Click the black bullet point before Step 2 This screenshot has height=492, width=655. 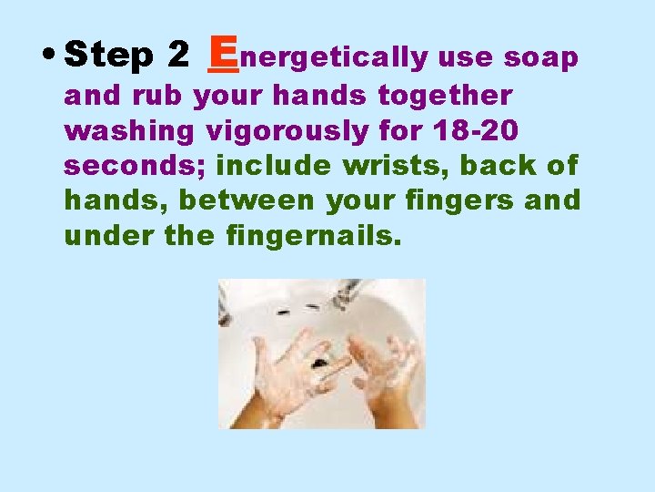click(49, 54)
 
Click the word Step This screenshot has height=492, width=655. click(108, 55)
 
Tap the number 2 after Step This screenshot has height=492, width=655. click(178, 54)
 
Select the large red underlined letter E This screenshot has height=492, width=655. click(223, 54)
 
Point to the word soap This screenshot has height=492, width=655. click(540, 58)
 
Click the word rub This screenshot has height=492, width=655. click(157, 95)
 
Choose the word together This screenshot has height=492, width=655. click(445, 97)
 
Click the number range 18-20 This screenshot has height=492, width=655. click(476, 130)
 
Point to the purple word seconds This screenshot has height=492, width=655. click(135, 165)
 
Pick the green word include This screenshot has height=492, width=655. click(274, 164)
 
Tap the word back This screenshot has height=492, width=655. click(498, 164)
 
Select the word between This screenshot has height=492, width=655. click(247, 200)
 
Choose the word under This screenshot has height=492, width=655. click(109, 236)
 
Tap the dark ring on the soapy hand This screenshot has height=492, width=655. click(320, 363)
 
